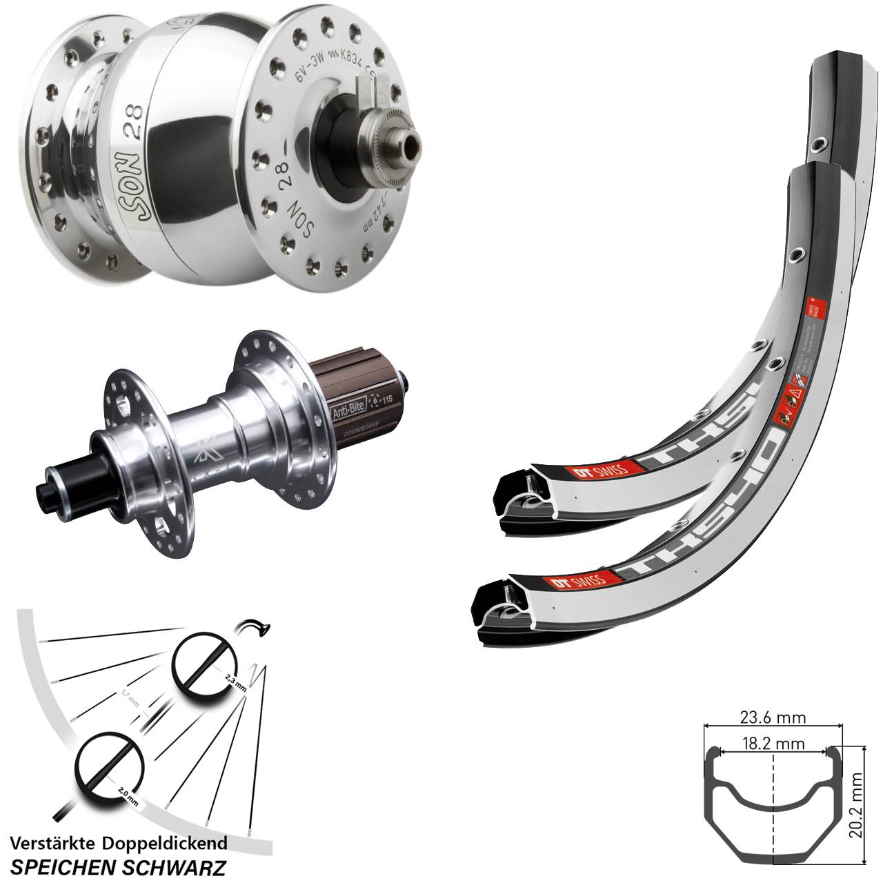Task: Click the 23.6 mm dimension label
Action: [772, 718]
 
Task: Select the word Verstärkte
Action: [52, 843]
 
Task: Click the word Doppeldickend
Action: [164, 844]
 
